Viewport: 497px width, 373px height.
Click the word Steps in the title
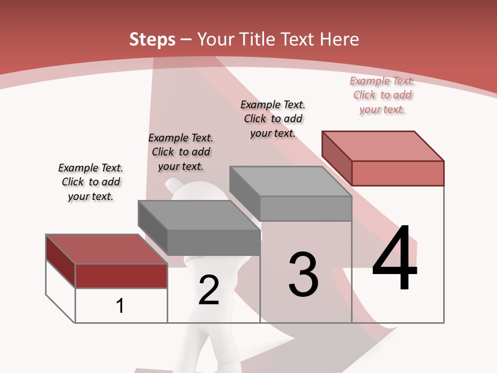(x=152, y=39)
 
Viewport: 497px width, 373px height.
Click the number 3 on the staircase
(x=303, y=275)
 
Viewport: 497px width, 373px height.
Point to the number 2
(x=209, y=290)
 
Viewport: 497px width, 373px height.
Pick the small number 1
(x=120, y=306)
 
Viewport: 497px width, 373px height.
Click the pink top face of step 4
(x=383, y=146)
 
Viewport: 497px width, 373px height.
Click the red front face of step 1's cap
(x=121, y=276)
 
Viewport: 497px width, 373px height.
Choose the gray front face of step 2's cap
(x=213, y=242)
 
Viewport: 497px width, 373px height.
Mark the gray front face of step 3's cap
(x=305, y=208)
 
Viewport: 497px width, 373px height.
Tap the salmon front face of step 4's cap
(x=398, y=173)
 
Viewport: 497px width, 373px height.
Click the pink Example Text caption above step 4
(x=382, y=95)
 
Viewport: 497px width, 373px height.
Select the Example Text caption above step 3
(x=273, y=119)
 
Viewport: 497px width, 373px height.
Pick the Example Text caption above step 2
(x=181, y=152)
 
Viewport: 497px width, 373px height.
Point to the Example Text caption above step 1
(x=91, y=182)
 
